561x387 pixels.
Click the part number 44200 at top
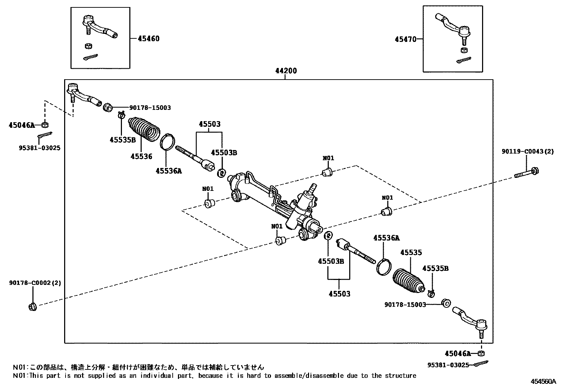[x=286, y=71]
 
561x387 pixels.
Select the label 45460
[x=148, y=39]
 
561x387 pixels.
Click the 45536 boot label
[x=141, y=156]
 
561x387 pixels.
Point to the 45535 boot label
[x=411, y=252]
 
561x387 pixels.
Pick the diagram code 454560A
[x=543, y=381]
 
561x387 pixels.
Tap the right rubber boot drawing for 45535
[x=408, y=281]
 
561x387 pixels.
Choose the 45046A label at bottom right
[x=457, y=354]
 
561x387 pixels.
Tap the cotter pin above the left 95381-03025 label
[x=45, y=135]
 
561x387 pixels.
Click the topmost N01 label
[x=328, y=158]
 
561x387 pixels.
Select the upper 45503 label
[x=209, y=124]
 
